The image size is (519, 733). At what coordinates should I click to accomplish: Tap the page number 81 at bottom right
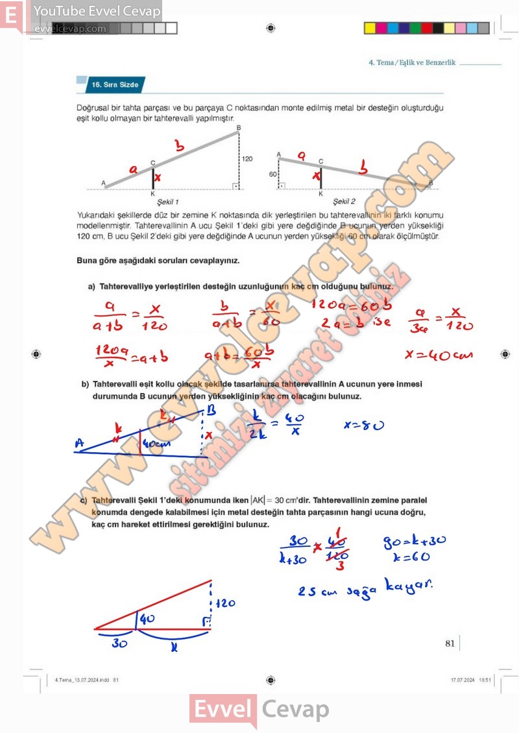450,643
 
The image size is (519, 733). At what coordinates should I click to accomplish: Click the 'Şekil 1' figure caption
167,202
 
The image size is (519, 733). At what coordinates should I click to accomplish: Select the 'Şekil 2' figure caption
344,202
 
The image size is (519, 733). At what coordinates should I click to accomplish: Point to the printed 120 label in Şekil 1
247,158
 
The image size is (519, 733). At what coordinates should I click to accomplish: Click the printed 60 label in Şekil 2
272,174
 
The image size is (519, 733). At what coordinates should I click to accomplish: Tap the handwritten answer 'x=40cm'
439,354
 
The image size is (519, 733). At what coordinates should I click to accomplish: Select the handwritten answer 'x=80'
363,425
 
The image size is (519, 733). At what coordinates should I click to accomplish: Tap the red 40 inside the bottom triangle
147,619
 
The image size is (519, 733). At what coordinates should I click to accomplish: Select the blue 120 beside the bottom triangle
224,603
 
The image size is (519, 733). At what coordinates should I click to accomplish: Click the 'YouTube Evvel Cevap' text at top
97,11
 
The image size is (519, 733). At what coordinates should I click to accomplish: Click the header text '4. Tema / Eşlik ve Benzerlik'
412,63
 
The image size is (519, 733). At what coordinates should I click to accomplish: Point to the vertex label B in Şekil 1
238,128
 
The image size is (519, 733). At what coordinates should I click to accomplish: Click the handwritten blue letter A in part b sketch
80,444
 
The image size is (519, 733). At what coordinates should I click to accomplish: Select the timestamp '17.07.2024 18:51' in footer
471,680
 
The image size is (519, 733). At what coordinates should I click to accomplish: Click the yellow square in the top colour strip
370,28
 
